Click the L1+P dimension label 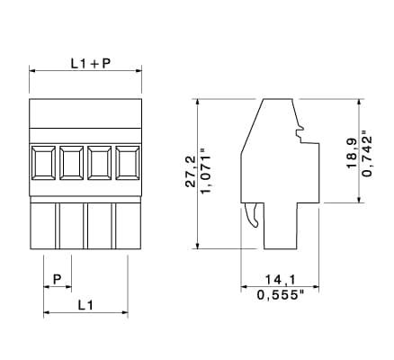(91, 63)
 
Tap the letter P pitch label (57, 279)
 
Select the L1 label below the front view (85, 305)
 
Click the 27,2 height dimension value (191, 171)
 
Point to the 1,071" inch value (206, 175)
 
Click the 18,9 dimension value (352, 153)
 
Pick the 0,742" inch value (367, 154)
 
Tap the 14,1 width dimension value (281, 280)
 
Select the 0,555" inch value (281, 295)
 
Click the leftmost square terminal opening (43, 163)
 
